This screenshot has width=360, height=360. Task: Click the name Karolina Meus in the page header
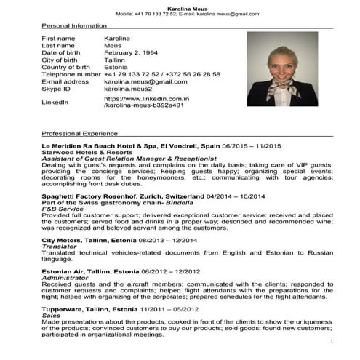coord(180,6)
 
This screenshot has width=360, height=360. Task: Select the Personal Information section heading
coord(74,25)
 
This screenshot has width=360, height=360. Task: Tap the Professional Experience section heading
coord(79,134)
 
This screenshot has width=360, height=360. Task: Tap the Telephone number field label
coord(71,75)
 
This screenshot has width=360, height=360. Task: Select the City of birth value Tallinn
coord(116,60)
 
